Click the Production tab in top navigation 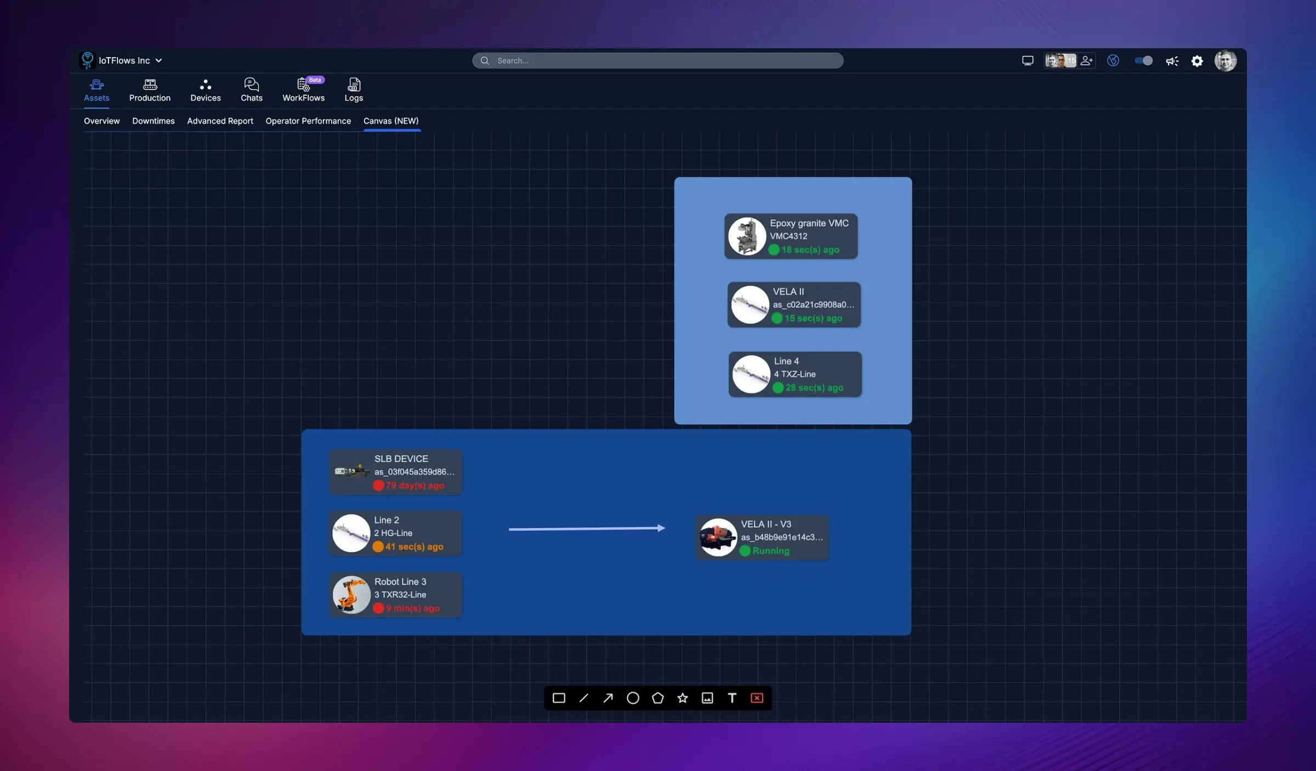[150, 90]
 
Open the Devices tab [205, 90]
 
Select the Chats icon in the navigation [251, 90]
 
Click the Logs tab [354, 90]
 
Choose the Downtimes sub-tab [153, 121]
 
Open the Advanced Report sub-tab [220, 121]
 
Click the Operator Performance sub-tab [308, 121]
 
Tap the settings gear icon [1196, 61]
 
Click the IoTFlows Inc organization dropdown [129, 61]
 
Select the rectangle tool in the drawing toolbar [558, 698]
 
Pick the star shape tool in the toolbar [682, 698]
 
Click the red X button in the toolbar [757, 698]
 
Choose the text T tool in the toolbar [732, 698]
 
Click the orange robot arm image [351, 594]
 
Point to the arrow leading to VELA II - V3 [586, 529]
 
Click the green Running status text [770, 551]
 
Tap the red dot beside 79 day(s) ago [378, 485]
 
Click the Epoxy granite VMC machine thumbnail [746, 236]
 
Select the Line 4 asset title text [786, 361]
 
